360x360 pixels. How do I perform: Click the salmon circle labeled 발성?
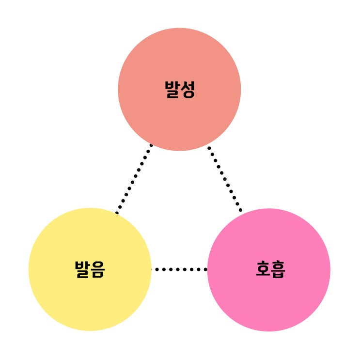coord(179,89)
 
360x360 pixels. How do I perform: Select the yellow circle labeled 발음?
coord(90,269)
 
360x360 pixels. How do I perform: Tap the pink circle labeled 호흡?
coord(269,270)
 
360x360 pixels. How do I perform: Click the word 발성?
coord(180,90)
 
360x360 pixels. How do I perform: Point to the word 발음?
coord(90,269)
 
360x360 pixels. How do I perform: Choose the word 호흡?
coord(270,269)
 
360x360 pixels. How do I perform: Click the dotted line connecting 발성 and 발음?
coord(134,179)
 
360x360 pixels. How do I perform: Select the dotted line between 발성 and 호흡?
coord(225,179)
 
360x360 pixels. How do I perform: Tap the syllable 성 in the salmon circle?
coord(188,90)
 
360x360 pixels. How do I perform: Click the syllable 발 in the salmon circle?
coord(172,90)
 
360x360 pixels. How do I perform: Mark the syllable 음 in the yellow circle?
coord(98,269)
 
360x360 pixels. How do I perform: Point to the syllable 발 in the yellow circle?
coord(82,269)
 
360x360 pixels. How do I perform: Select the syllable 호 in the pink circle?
coord(263,269)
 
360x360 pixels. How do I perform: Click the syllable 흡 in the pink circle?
coord(278,269)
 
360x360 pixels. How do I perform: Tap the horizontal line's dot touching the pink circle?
coord(206,269)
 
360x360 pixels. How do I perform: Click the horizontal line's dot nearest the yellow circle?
coord(157,269)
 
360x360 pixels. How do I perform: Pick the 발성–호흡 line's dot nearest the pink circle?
coord(241,210)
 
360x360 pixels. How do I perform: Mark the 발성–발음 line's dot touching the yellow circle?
coord(117,213)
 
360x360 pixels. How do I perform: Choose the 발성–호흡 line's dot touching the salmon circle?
coord(209,148)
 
